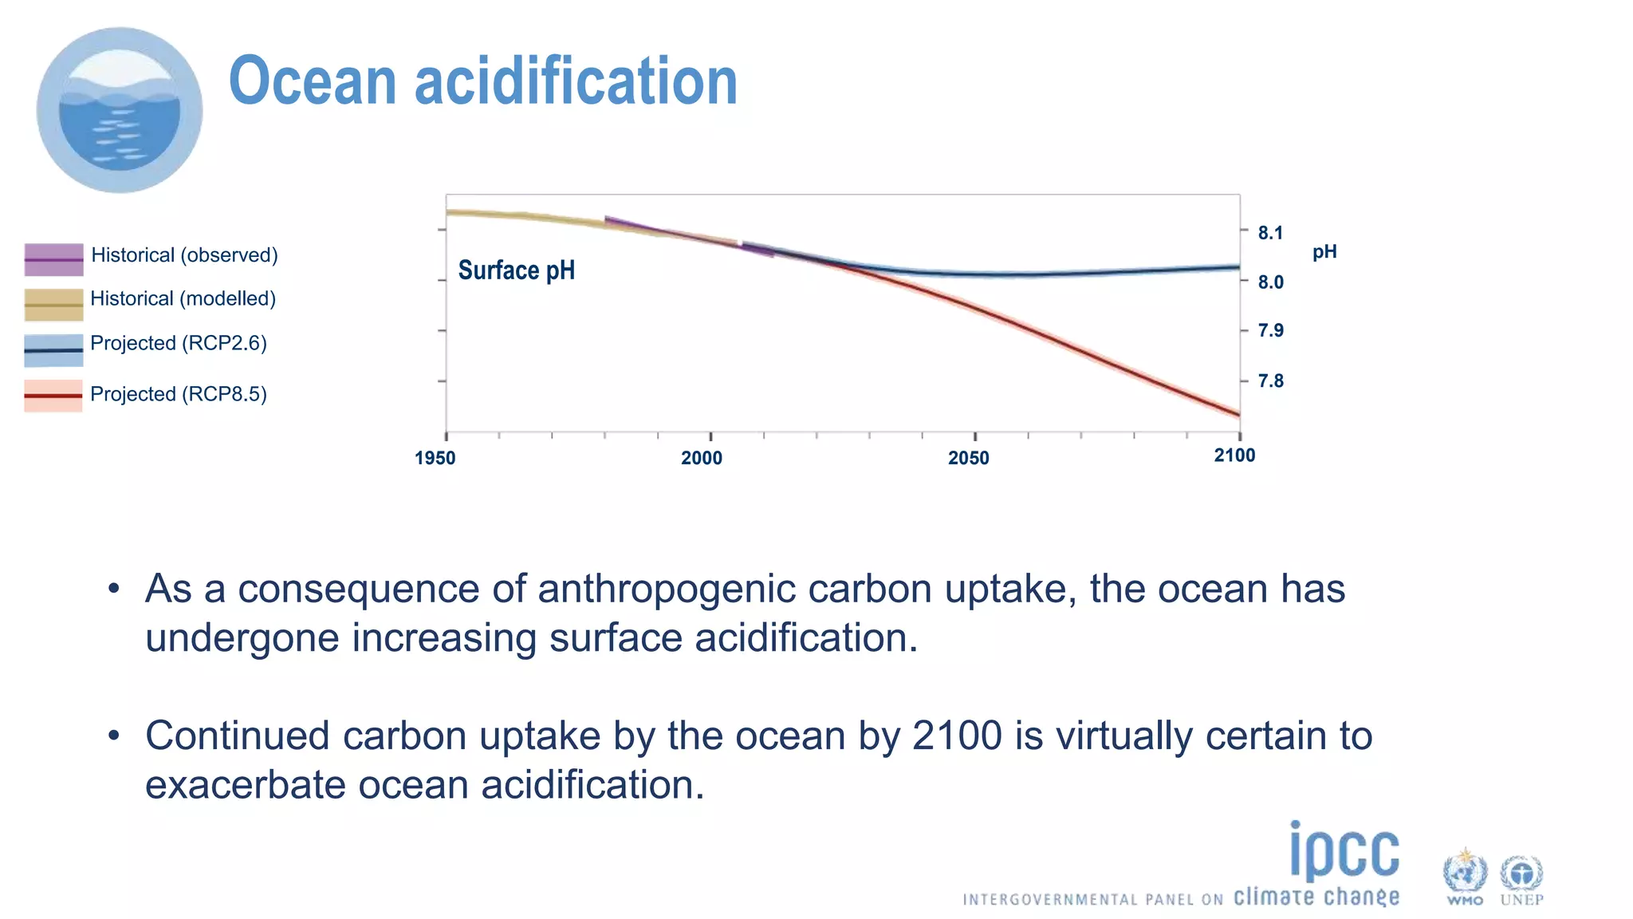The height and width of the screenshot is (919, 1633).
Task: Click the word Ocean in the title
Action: click(x=313, y=81)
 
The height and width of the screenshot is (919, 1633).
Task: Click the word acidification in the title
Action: click(x=576, y=81)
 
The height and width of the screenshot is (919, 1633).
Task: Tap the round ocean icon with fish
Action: click(x=120, y=110)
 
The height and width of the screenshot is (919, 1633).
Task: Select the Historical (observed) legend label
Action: click(x=184, y=255)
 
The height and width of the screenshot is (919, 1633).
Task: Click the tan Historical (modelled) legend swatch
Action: click(x=53, y=305)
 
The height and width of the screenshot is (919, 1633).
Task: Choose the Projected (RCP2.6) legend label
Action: click(x=179, y=343)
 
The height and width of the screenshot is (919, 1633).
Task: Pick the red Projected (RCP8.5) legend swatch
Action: click(x=53, y=396)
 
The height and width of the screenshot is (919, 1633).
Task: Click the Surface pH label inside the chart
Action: click(x=516, y=270)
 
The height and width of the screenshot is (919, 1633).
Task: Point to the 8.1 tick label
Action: click(x=1270, y=233)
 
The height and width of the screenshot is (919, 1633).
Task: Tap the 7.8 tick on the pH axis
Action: click(x=1270, y=381)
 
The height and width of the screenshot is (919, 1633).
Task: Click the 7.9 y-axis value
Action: click(x=1270, y=330)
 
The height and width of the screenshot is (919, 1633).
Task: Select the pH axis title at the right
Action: click(x=1324, y=252)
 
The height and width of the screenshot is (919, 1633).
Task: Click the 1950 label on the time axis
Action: click(x=435, y=458)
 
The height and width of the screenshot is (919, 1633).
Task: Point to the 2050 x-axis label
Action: click(x=968, y=458)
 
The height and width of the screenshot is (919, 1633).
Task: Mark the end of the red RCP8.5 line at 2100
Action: click(x=1238, y=414)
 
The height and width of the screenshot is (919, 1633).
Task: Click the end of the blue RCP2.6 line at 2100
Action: click(x=1238, y=267)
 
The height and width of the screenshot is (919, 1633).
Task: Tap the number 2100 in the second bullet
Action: click(x=956, y=736)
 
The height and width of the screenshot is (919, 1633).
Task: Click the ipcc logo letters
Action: click(x=1344, y=852)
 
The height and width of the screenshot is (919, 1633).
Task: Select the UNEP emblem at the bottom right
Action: click(x=1521, y=878)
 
